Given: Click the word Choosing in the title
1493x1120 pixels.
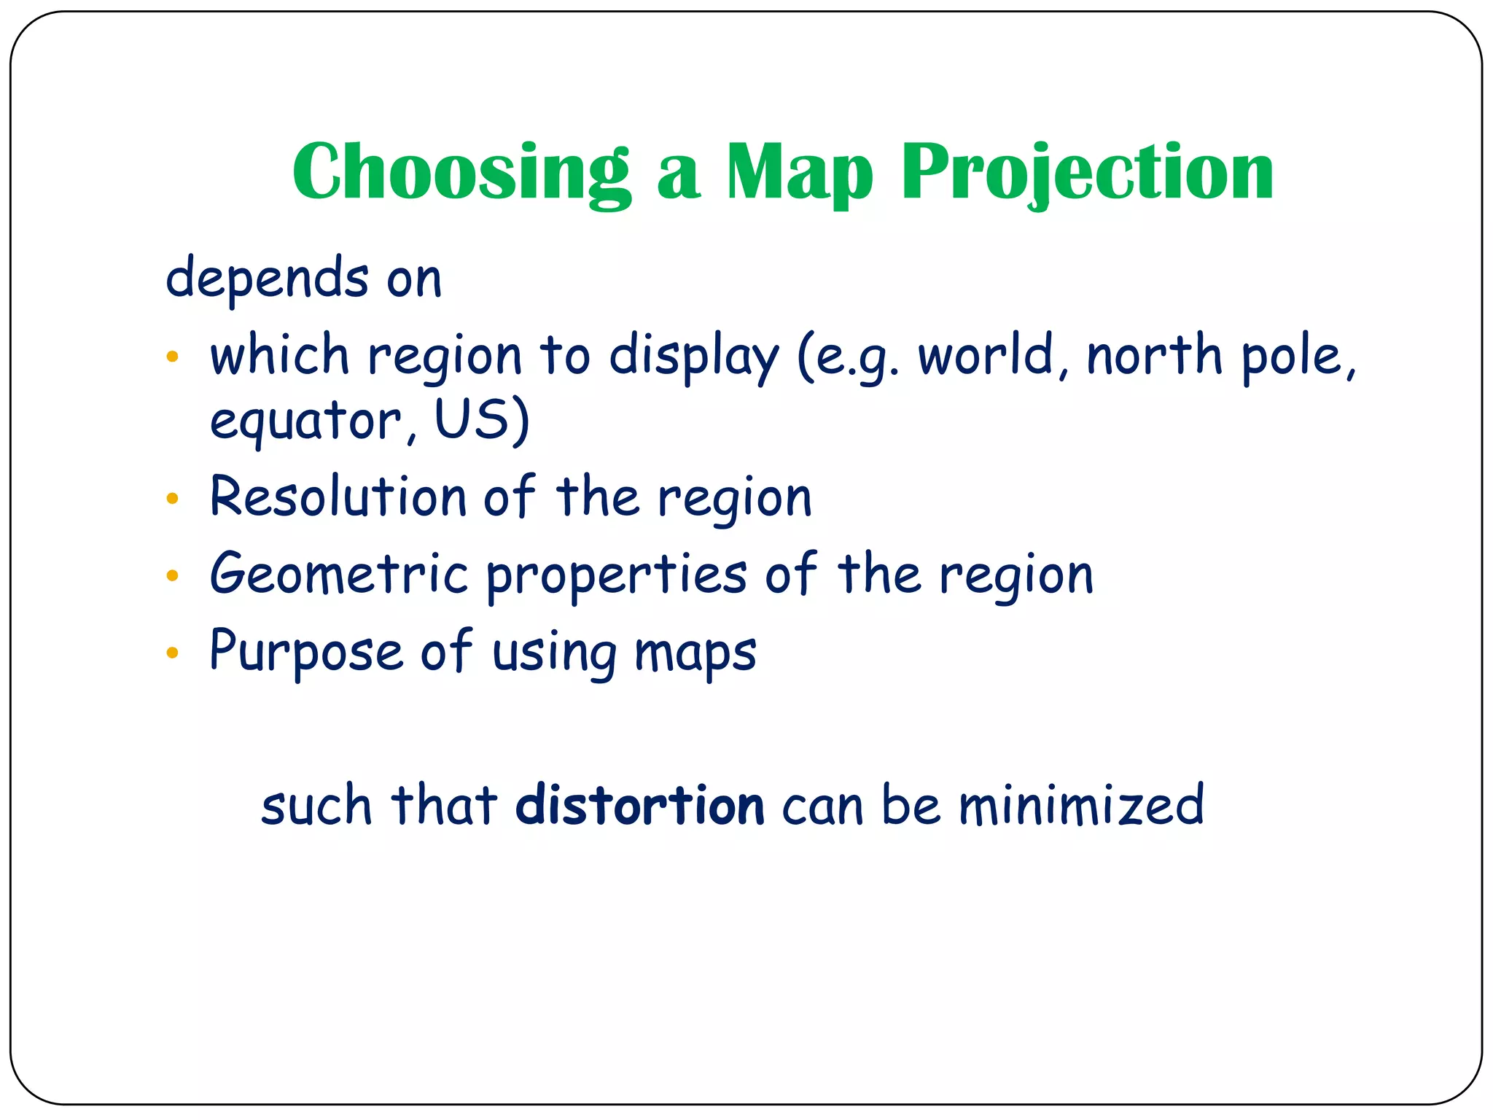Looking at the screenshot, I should click(x=461, y=172).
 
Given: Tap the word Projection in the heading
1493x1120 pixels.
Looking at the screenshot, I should click(x=1087, y=172).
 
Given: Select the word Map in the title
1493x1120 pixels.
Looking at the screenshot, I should click(x=799, y=172).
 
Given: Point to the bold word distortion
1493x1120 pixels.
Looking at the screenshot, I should click(x=639, y=806).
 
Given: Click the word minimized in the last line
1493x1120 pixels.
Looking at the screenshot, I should click(x=1080, y=806).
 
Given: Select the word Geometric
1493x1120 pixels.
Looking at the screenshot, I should click(x=338, y=574).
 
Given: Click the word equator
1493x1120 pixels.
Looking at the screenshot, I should click(x=305, y=421).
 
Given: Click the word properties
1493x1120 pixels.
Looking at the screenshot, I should click(x=616, y=576).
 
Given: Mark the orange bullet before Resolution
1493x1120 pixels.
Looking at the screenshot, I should click(x=172, y=499).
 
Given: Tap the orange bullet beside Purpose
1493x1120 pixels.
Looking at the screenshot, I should click(x=172, y=653).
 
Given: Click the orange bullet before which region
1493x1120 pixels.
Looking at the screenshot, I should click(x=172, y=357).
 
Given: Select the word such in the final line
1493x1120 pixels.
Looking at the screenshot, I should click(x=316, y=806).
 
